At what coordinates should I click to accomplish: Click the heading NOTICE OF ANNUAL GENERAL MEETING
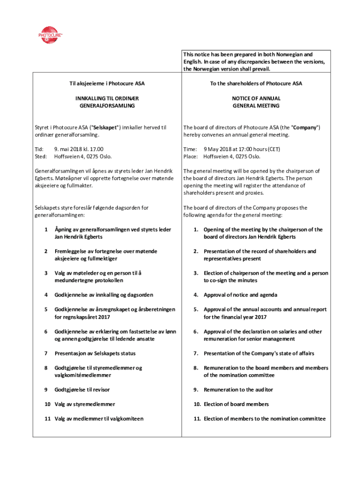click(256, 102)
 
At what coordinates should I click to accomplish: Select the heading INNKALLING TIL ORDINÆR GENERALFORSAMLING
click(107, 102)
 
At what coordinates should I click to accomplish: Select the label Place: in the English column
click(190, 156)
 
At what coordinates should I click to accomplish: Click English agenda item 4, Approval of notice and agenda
click(240, 295)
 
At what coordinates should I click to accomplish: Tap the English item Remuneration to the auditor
click(238, 390)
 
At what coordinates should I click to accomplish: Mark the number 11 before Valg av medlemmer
click(47, 419)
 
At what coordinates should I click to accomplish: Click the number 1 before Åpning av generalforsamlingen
click(46, 230)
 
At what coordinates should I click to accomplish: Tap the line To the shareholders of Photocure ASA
click(256, 84)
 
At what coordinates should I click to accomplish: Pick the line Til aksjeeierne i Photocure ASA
click(107, 84)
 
